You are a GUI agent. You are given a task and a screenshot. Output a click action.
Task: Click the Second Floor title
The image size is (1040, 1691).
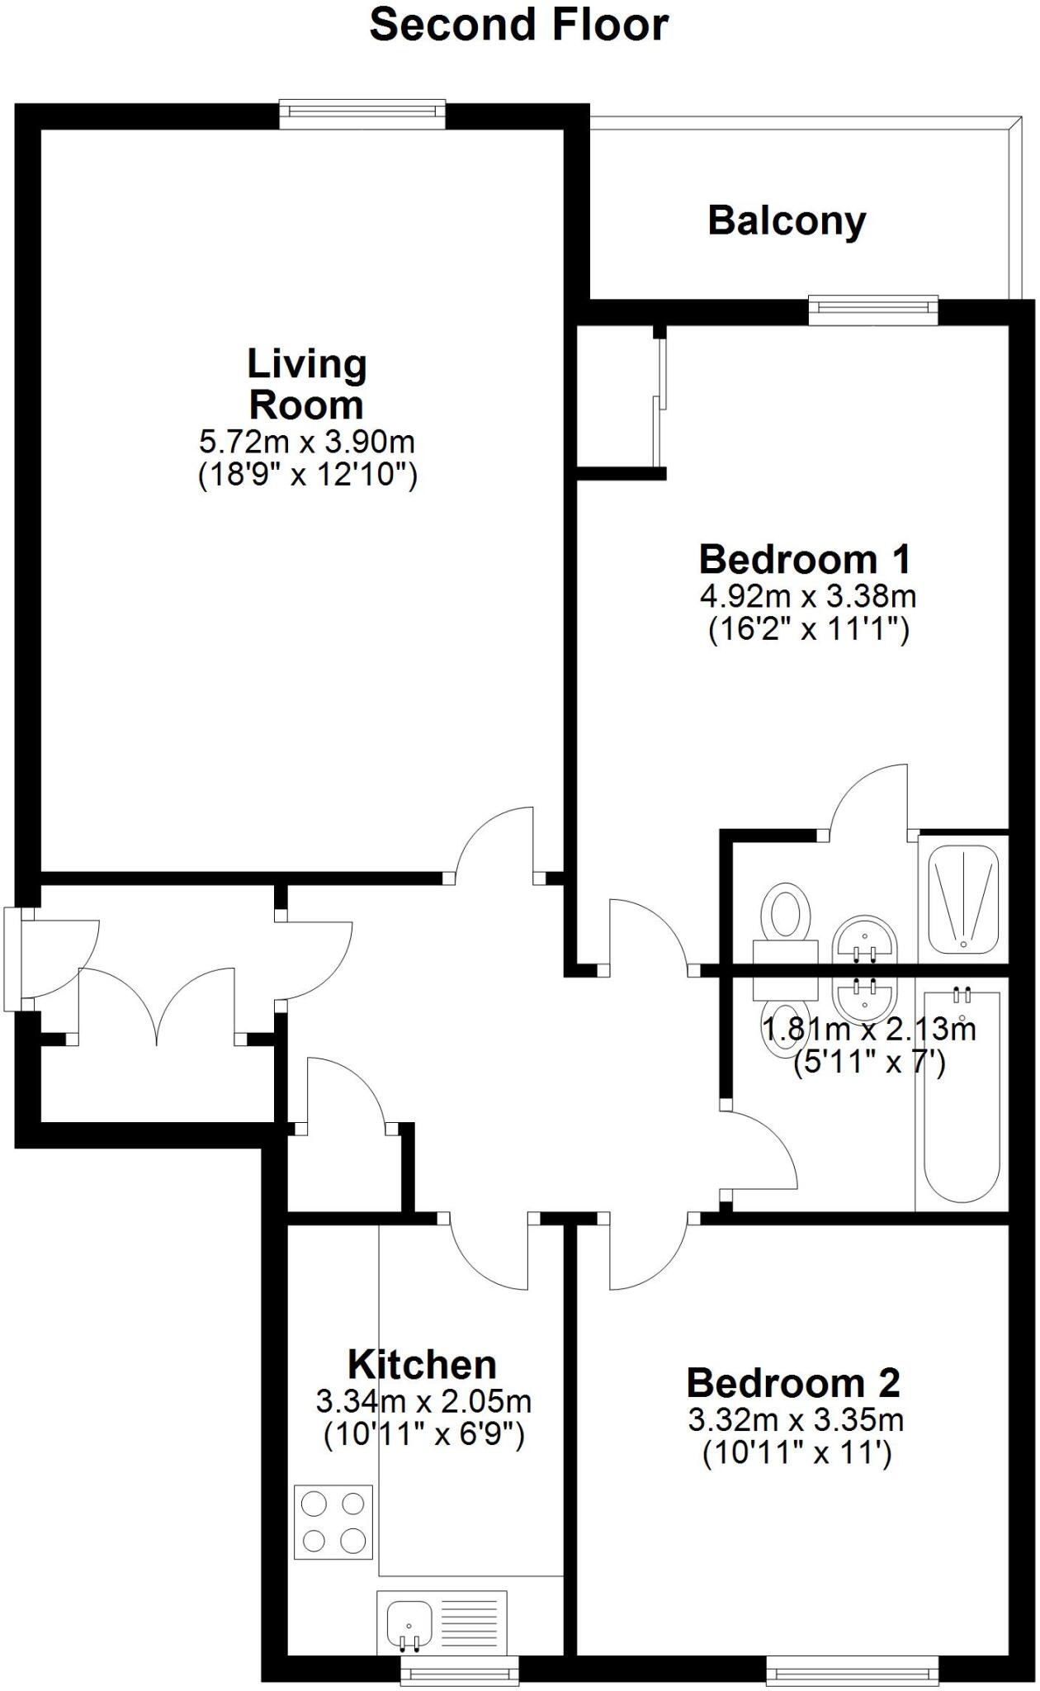point(518,25)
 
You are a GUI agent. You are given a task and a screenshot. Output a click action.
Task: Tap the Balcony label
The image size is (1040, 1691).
point(787,220)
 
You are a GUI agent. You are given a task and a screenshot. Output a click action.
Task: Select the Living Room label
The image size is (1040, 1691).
point(306,384)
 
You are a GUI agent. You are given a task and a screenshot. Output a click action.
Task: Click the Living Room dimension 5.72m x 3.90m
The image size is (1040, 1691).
point(306,443)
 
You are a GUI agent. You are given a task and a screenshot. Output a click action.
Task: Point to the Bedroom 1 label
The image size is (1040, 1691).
point(805,559)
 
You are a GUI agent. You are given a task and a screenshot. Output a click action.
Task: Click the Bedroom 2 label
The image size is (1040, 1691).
point(793,1382)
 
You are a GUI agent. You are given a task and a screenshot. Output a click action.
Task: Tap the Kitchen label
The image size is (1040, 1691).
point(422,1364)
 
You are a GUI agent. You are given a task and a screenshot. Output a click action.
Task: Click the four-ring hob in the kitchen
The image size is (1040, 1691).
point(333,1522)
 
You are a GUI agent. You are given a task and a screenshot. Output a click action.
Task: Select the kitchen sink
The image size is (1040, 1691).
point(409,1622)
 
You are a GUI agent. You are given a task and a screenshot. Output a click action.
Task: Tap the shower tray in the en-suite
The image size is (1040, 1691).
point(963,898)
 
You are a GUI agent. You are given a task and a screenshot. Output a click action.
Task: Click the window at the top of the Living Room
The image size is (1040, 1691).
point(362,113)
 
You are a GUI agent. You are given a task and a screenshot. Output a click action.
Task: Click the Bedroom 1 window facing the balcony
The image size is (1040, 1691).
point(873,310)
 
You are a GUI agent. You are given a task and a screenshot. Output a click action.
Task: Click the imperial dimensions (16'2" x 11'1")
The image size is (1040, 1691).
point(808,630)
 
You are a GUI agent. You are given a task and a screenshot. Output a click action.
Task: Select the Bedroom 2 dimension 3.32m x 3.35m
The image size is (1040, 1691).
point(796,1420)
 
